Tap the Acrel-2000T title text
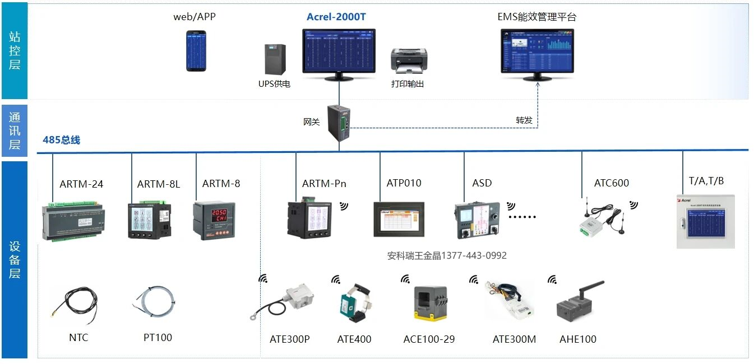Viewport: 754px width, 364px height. pyautogui.click(x=336, y=17)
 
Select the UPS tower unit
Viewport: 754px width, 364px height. pyautogui.click(x=275, y=59)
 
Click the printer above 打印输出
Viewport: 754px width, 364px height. pyautogui.click(x=409, y=60)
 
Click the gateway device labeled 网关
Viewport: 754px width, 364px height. pyautogui.click(x=339, y=122)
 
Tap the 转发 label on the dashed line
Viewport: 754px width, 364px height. pyautogui.click(x=524, y=120)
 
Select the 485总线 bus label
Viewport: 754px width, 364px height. pyautogui.click(x=62, y=140)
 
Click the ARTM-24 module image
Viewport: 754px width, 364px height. pyautogui.click(x=73, y=222)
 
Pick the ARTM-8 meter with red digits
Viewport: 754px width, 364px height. pyautogui.click(x=210, y=221)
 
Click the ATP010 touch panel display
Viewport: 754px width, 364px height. pyautogui.click(x=399, y=221)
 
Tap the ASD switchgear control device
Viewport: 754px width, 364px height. pyautogui.click(x=477, y=221)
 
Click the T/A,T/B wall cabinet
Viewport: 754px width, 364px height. pyautogui.click(x=705, y=222)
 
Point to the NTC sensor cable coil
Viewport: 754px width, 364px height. pyautogui.click(x=78, y=305)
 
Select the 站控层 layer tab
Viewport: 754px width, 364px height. pyautogui.click(x=15, y=50)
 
